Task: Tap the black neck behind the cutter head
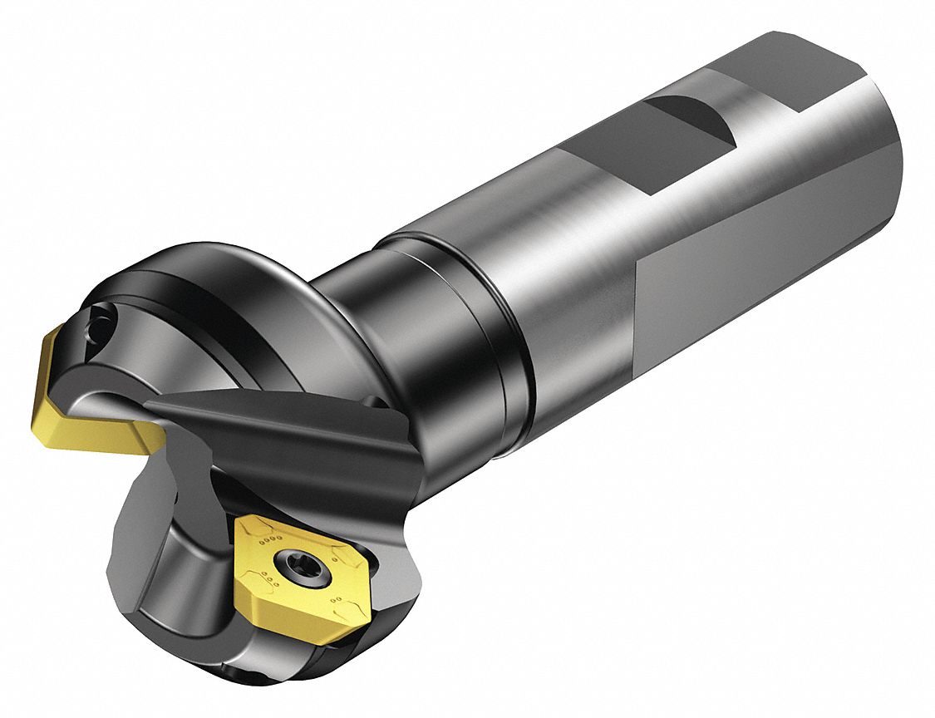[x=391, y=332]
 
